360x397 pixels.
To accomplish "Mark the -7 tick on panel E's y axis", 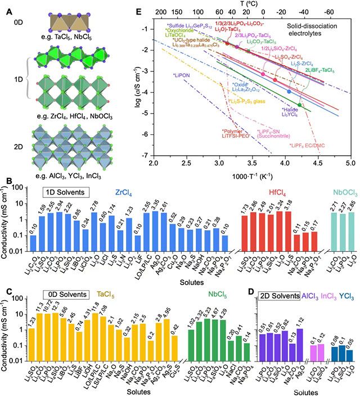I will (145, 155).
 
